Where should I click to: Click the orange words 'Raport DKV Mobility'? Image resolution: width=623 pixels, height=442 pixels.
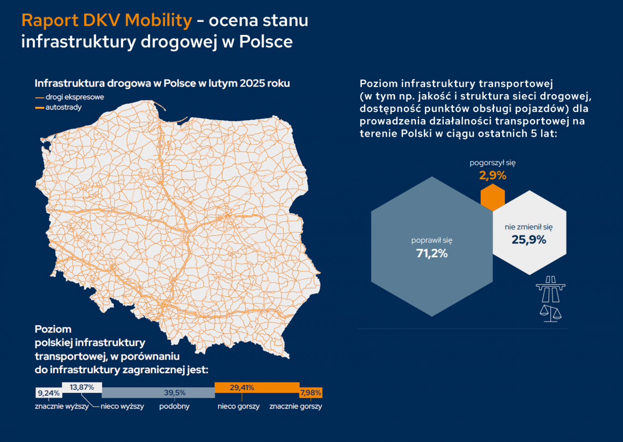click(x=107, y=21)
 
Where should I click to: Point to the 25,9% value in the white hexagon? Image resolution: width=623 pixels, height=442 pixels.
click(x=528, y=239)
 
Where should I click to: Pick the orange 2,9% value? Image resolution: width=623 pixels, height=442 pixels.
click(x=493, y=176)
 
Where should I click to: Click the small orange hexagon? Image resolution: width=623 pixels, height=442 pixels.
click(x=492, y=197)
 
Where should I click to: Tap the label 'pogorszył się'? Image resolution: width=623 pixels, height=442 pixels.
click(x=493, y=163)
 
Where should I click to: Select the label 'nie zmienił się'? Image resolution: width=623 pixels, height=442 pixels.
click(x=528, y=226)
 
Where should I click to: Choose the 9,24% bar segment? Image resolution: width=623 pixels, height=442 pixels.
click(x=49, y=393)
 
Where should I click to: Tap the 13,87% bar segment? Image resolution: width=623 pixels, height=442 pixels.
click(x=82, y=387)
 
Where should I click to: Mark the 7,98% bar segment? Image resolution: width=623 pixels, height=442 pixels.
click(x=310, y=393)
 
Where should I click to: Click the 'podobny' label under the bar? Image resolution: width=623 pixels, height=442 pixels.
click(x=174, y=407)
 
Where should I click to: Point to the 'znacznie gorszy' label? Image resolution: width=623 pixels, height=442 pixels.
click(x=296, y=407)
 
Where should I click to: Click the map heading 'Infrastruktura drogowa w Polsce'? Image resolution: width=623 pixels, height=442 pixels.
click(x=162, y=84)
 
